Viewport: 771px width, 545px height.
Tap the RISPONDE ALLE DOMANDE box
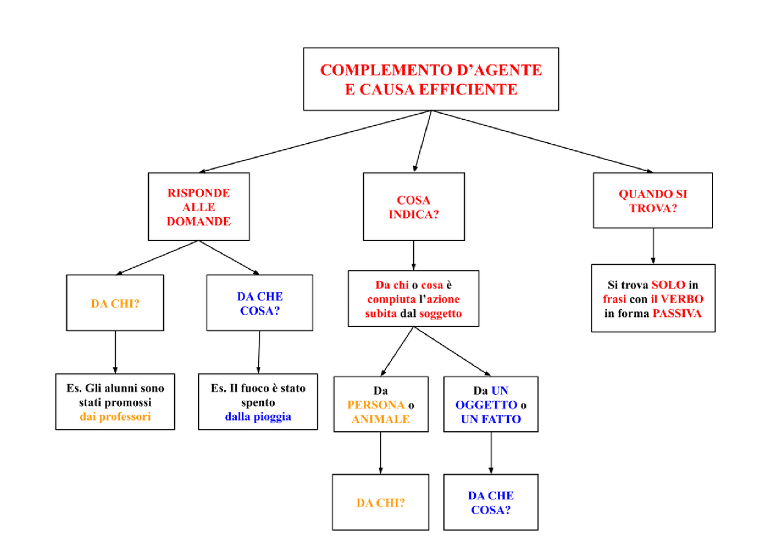pyautogui.click(x=199, y=207)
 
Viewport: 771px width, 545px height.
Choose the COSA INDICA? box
pyautogui.click(x=413, y=208)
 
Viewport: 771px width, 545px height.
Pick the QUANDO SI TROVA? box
pyautogui.click(x=653, y=201)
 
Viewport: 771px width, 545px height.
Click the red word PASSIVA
pyautogui.click(x=677, y=313)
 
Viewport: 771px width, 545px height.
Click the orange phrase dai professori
pyautogui.click(x=115, y=416)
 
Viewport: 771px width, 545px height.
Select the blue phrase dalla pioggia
pyautogui.click(x=258, y=416)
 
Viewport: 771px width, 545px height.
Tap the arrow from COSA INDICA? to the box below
pyautogui.click(x=413, y=255)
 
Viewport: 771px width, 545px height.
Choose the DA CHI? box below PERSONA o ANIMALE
pyautogui.click(x=381, y=502)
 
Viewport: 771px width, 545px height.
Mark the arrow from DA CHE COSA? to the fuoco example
pyautogui.click(x=259, y=352)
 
